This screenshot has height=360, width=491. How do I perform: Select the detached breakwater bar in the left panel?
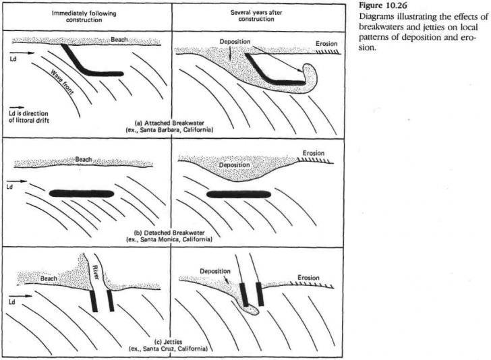click(x=82, y=193)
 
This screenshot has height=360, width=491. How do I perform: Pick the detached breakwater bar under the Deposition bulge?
click(x=238, y=195)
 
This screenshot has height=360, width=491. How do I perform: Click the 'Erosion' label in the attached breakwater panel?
click(x=327, y=44)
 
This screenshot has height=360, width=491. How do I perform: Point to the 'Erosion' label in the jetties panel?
click(x=312, y=277)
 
